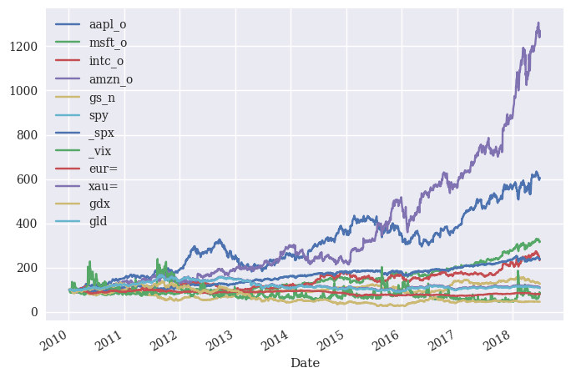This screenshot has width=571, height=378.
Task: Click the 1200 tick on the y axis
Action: coord(23,47)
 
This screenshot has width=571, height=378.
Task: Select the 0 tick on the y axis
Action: coord(34,312)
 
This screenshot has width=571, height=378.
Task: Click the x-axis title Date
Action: coord(305,363)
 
